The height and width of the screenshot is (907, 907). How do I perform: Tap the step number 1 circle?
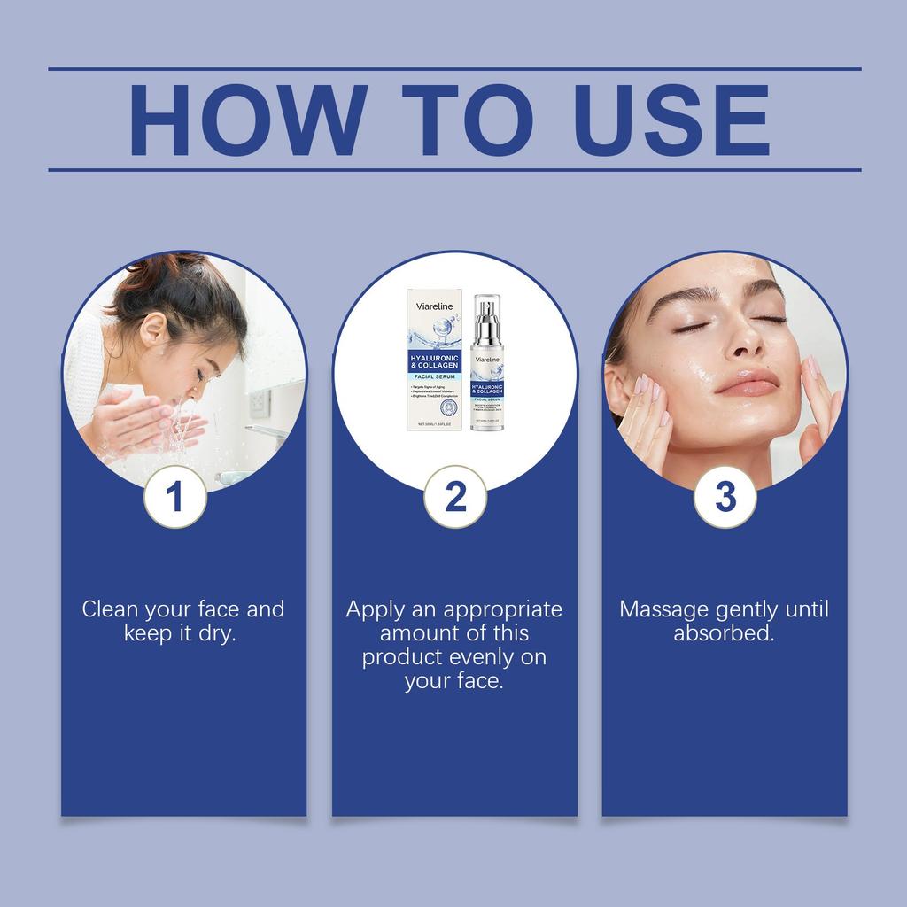(x=175, y=497)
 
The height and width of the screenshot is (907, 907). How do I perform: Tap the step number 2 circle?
(x=455, y=497)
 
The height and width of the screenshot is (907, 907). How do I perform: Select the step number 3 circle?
(x=725, y=497)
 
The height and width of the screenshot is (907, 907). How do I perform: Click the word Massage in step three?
(x=663, y=609)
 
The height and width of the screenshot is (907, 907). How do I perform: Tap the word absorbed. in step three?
(x=724, y=633)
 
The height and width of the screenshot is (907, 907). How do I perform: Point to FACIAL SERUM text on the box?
(x=433, y=376)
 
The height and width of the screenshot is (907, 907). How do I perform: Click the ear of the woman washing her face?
(x=153, y=330)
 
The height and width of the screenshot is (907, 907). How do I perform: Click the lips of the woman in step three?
(x=746, y=384)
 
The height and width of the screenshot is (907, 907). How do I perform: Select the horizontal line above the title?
(x=453, y=68)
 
